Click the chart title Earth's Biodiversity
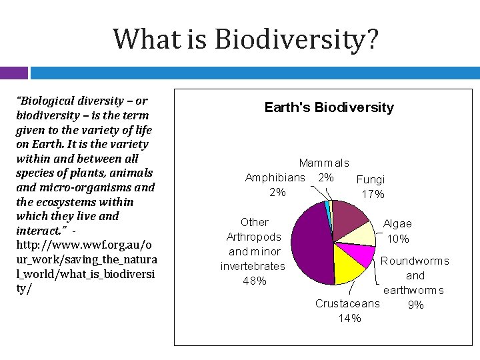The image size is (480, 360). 329,107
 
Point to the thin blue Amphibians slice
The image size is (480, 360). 327,207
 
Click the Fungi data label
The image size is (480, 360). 370,179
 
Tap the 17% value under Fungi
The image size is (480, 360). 372,194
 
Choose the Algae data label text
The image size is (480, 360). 397,224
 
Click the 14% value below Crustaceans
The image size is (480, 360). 349,319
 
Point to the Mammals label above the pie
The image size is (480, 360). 324,163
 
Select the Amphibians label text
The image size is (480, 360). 275,177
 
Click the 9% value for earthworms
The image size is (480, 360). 415,305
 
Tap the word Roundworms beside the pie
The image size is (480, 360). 415,261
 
